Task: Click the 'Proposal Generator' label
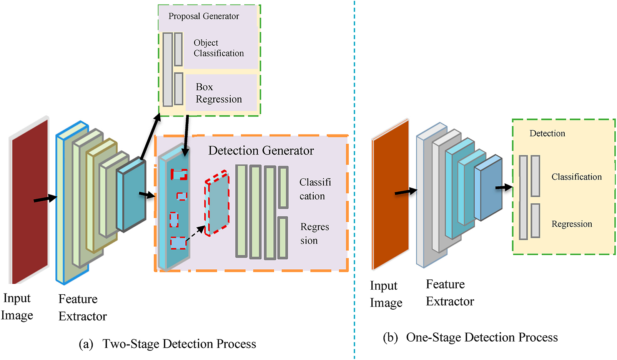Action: [203, 16]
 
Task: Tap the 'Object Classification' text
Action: [218, 48]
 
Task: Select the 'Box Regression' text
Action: [218, 93]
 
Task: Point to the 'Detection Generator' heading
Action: [261, 151]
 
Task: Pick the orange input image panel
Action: [390, 194]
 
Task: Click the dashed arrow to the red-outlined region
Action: [196, 234]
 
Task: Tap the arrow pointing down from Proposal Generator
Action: [186, 135]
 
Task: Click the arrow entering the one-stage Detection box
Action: [504, 187]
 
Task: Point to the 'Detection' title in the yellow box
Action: [547, 133]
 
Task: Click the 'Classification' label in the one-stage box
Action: [576, 177]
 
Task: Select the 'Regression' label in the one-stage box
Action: [572, 224]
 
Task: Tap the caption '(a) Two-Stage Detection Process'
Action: [168, 344]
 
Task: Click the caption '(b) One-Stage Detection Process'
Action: [470, 337]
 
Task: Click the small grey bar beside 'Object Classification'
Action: [178, 49]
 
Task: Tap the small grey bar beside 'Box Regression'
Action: [178, 89]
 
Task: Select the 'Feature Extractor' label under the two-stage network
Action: [82, 307]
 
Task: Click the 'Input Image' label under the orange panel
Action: [386, 294]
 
